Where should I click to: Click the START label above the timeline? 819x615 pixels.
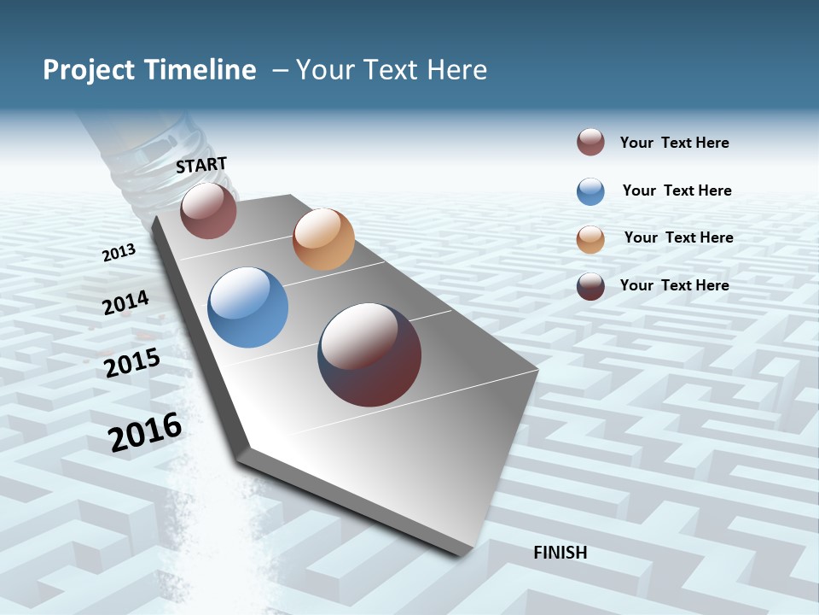coord(201,165)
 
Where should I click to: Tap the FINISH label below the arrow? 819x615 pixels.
coord(561,553)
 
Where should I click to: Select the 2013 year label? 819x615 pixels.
coord(119,253)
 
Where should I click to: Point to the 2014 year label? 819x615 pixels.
coord(125,303)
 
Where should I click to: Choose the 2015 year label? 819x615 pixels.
coord(132,363)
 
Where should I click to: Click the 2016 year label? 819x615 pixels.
coord(145,431)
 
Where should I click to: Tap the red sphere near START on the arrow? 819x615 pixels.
coord(208,210)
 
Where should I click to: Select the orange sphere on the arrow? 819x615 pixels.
coord(323,239)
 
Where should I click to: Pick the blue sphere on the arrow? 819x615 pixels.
coord(247,307)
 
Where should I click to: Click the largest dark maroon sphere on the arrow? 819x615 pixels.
coord(369,354)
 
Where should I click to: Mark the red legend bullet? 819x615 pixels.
coord(590,143)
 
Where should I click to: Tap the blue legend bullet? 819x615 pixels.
coord(590,190)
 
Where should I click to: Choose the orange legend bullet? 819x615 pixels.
coord(590,238)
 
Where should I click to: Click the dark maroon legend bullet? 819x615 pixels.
coord(590,286)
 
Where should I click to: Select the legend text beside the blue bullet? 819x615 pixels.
coord(677,190)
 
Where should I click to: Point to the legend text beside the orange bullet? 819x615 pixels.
coord(678,237)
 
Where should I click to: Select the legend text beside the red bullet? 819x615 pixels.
coord(674,143)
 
